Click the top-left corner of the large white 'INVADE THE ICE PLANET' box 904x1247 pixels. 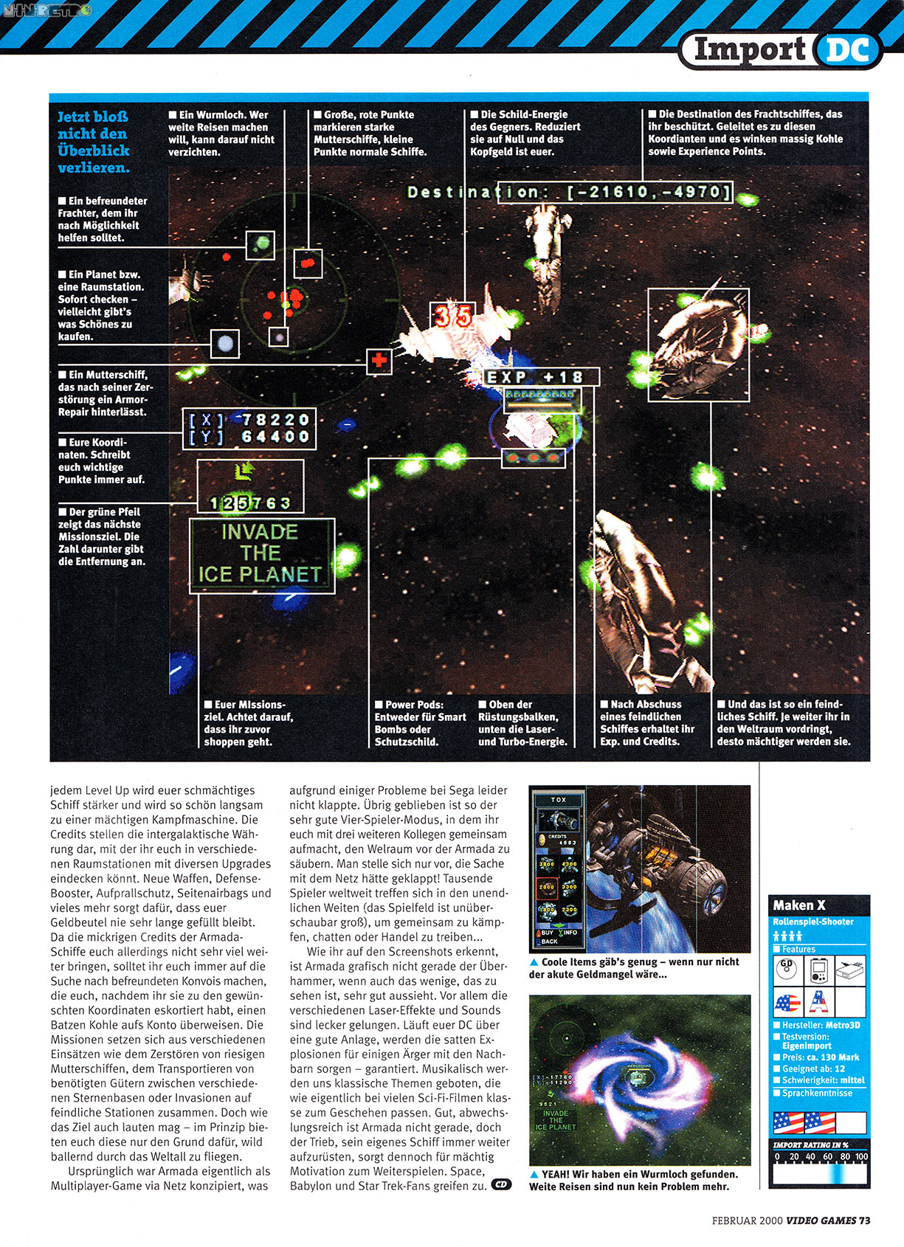(190, 519)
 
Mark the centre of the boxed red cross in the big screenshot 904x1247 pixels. (379, 361)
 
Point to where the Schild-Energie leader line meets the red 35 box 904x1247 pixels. (465, 303)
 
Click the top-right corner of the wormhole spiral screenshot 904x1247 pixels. (751, 995)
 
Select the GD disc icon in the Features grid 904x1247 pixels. (787, 970)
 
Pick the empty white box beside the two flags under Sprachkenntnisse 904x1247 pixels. (852, 1123)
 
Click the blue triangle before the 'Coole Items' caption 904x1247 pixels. (534, 962)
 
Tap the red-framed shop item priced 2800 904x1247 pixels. (546, 887)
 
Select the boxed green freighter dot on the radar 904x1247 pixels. (260, 245)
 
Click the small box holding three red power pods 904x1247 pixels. (534, 458)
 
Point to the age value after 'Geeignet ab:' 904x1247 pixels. (840, 1069)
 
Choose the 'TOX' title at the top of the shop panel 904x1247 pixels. (559, 799)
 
